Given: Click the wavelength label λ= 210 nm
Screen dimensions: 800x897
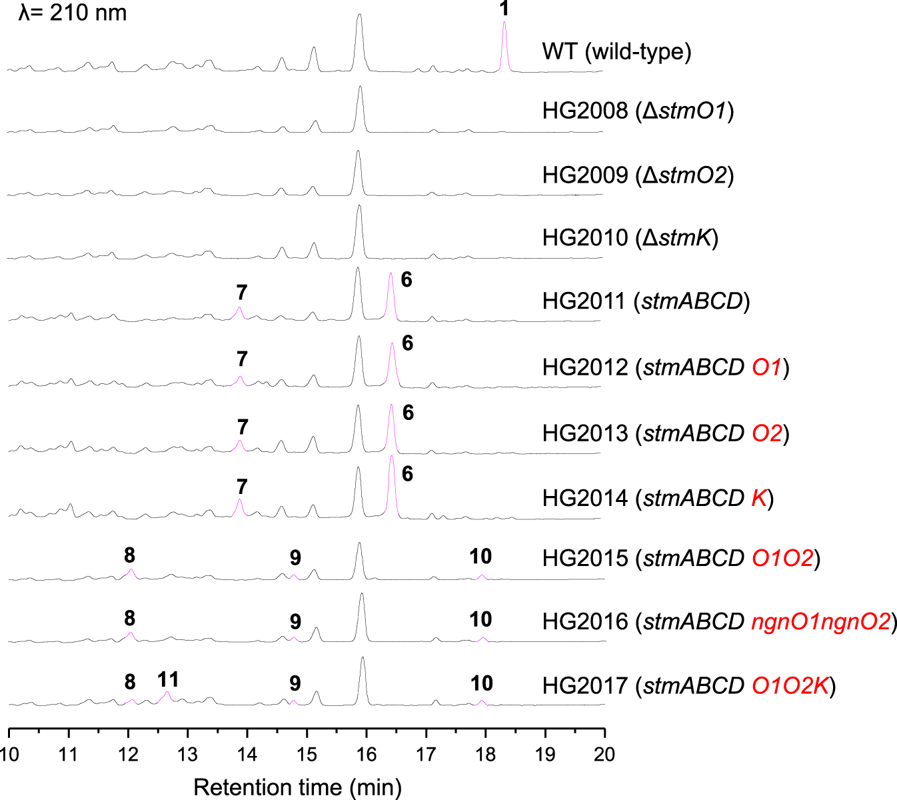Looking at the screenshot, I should tap(73, 13).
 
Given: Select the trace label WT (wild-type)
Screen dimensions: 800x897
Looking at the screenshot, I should tap(616, 51).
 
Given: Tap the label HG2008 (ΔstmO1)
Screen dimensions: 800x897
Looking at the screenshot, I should tap(638, 111).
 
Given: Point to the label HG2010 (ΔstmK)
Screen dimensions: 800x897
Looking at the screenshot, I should tap(630, 237).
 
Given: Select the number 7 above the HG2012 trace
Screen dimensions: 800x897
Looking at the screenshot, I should tap(242, 359).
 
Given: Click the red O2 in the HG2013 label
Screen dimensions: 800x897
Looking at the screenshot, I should tap(766, 433).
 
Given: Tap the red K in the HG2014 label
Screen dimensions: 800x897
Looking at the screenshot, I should tap(760, 498).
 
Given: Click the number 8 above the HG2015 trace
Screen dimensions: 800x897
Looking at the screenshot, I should tap(129, 555).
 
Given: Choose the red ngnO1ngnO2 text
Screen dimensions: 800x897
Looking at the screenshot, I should tap(821, 622).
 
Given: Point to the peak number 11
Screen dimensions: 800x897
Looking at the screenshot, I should tap(168, 679).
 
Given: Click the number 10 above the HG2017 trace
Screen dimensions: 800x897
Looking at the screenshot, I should tap(481, 683).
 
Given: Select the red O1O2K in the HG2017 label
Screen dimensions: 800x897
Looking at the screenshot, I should tap(791, 685).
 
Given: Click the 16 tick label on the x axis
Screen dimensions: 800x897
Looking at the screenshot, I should tap(366, 755).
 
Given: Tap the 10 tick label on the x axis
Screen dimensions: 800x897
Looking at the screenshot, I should tap(9, 755).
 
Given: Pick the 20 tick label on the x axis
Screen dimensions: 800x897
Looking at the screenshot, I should tap(604, 755).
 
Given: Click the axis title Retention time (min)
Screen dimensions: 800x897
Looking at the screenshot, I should tap(297, 787).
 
